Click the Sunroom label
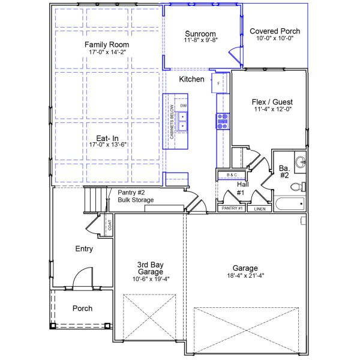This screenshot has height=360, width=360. tap(200, 34)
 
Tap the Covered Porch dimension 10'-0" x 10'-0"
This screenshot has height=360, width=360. tap(275, 38)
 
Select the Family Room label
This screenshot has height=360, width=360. tap(107, 45)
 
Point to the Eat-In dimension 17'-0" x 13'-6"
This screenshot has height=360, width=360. tap(107, 145)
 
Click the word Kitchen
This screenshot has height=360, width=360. tap(191, 79)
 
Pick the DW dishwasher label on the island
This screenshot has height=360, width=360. tap(184, 106)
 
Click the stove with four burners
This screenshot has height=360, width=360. tap(223, 122)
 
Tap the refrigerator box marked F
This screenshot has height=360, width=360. tap(219, 83)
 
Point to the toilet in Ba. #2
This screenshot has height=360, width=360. tap(296, 187)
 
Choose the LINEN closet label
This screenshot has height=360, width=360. tap(259, 209)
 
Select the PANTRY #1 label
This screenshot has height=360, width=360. tap(232, 208)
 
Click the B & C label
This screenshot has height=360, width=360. tap(232, 175)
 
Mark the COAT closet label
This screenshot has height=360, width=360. tap(109, 225)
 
